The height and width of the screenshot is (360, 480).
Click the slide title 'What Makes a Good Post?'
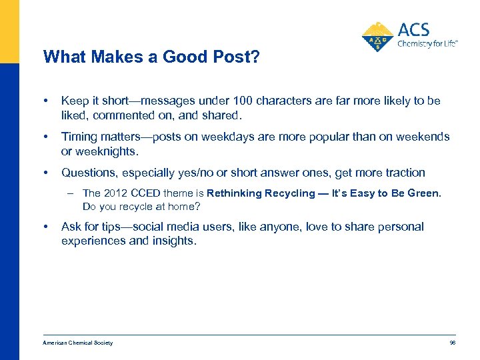(x=151, y=57)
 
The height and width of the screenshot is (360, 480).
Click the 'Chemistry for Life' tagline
(x=427, y=44)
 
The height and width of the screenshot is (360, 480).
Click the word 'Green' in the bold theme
(x=423, y=193)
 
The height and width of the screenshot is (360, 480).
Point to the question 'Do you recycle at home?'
(x=141, y=206)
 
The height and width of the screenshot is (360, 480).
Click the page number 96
(x=452, y=343)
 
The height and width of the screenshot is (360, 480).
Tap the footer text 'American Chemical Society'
(x=77, y=343)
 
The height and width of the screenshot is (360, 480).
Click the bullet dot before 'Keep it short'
(x=45, y=101)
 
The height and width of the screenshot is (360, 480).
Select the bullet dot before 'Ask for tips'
(x=45, y=227)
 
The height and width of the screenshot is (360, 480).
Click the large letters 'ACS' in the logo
(x=413, y=29)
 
